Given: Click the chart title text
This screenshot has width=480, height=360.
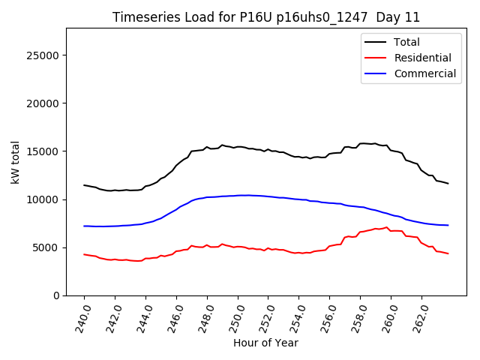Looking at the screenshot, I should (x=266, y=17).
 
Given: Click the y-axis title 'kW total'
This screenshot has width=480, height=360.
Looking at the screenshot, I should (x=16, y=161).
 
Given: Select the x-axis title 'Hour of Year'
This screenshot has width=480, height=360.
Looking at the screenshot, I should (x=266, y=343).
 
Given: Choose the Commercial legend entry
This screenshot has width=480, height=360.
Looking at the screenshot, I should (x=425, y=73).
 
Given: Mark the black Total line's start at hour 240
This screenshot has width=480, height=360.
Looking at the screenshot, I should (x=84, y=185).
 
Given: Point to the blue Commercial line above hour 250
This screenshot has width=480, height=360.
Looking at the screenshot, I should (x=238, y=195).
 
